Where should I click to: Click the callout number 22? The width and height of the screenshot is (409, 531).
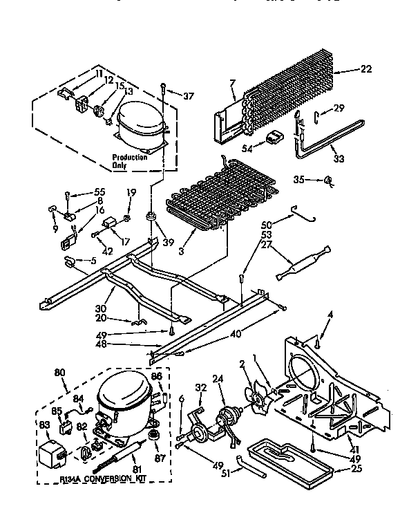coord(367,69)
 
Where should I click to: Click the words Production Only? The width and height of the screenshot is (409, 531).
coord(130,162)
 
